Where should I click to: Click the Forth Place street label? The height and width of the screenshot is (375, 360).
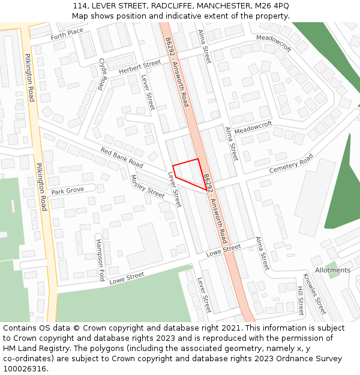coord(67,34)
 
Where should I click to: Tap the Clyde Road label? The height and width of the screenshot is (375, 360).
coord(103,74)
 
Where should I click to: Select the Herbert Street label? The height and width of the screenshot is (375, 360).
coord(140,67)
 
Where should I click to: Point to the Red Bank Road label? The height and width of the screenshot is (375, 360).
coord(122,158)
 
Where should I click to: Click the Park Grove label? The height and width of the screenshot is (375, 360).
coord(67,191)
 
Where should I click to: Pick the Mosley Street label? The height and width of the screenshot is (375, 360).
coord(147,187)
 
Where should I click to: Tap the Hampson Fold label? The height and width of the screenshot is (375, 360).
coord(100,260)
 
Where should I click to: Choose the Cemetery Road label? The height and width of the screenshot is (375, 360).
coord(291,163)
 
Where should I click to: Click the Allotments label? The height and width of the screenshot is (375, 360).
coord(332,270)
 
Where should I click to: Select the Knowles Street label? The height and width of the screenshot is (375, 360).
coord(314,294)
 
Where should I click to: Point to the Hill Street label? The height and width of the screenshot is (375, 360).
coord(301,301)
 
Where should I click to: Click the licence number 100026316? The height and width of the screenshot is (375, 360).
coord(25,369)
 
